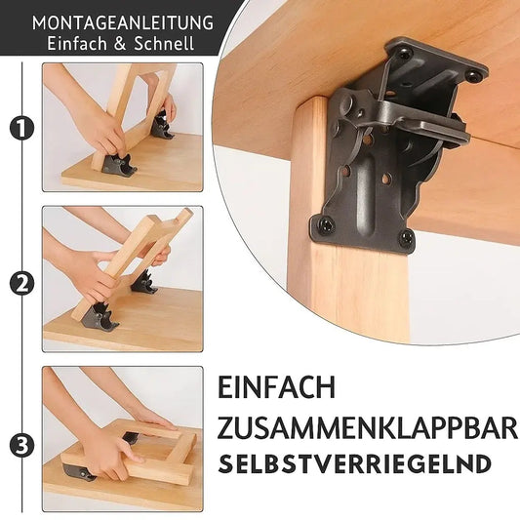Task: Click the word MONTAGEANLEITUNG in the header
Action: pos(122,20)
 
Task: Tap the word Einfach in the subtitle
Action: pos(79,43)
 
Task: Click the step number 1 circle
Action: pos(20,127)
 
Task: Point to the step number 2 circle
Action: pos(20,285)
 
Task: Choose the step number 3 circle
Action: pos(20,445)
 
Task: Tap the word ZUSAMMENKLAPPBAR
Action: pos(366,426)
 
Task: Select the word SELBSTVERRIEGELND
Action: pos(355,463)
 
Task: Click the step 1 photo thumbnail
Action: pos(122,127)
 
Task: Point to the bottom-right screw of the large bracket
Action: pos(406,237)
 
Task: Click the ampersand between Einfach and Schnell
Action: pos(122,43)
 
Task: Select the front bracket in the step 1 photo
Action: pos(116,164)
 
